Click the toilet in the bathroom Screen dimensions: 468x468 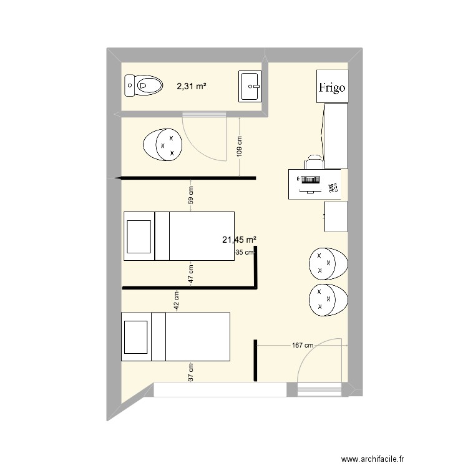(142, 85)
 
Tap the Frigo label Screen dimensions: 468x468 (331, 87)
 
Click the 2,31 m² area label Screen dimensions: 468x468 (191, 87)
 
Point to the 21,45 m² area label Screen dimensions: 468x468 (240, 239)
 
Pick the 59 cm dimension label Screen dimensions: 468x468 (191, 195)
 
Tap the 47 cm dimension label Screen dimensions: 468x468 (191, 273)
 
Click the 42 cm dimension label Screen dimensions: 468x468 (177, 301)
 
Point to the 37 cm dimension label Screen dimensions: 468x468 (191, 373)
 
